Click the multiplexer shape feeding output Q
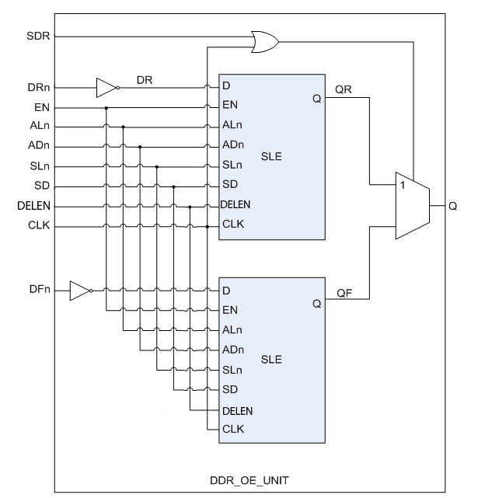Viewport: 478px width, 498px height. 413,205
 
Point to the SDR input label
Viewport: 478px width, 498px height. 38,36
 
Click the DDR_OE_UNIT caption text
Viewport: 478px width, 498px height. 249,480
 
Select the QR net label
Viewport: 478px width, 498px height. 344,89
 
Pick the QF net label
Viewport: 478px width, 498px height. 344,293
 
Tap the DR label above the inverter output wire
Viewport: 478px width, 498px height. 145,80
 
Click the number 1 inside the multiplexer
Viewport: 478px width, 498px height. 403,185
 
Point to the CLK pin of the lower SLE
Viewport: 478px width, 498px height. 233,429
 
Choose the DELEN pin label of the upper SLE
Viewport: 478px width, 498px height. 236,204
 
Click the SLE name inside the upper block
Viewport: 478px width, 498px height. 271,157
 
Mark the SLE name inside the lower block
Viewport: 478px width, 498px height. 271,360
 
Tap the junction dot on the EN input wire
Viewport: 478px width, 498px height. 106,108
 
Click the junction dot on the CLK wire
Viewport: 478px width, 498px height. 208,227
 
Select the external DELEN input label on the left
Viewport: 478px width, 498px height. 33,206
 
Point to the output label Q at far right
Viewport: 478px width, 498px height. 452,206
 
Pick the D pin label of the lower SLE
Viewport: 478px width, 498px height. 226,291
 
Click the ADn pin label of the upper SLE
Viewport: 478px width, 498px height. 233,145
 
